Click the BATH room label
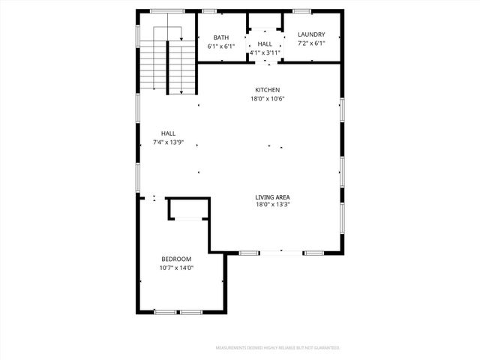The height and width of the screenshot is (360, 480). (220, 37)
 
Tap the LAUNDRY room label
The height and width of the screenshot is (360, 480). (311, 34)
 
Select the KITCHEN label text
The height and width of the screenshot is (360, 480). (266, 90)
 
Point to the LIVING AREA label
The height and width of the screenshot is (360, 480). (272, 196)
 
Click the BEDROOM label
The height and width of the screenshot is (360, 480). (176, 259)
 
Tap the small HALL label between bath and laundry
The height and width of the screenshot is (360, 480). (265, 44)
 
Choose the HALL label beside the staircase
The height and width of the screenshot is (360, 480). (168, 133)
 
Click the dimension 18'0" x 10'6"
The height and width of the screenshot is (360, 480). (268, 98)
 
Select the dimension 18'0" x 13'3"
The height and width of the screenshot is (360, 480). (272, 205)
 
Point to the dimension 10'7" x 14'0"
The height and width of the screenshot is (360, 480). (176, 268)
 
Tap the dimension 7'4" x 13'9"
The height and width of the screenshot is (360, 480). (168, 142)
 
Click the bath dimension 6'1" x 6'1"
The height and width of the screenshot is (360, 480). (221, 46)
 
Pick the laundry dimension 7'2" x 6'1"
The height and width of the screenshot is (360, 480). (311, 43)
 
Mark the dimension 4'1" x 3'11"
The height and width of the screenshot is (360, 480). (265, 52)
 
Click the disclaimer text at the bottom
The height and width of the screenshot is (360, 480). (277, 348)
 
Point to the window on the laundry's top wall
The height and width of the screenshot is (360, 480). (303, 11)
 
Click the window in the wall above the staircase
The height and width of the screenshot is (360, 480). (167, 11)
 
